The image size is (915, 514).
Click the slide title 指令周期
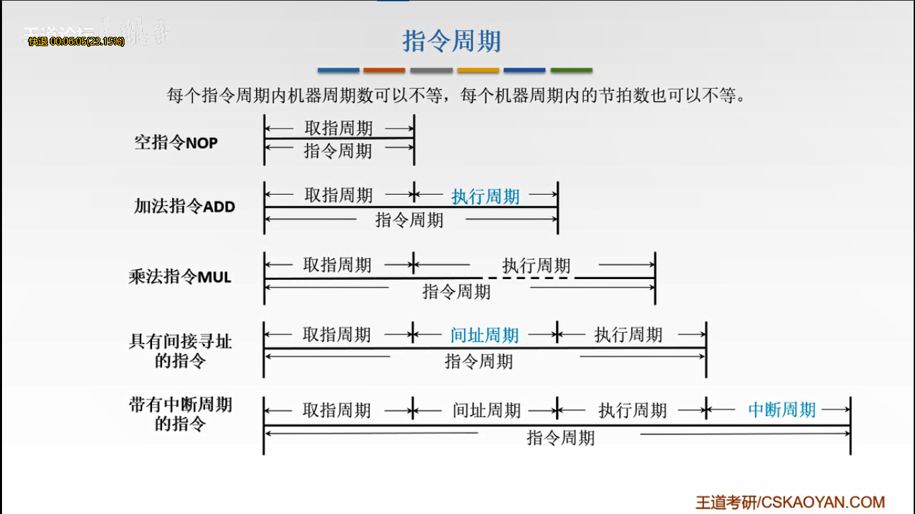point(451,41)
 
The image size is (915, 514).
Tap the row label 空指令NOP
point(176,143)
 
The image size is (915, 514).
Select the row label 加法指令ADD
point(185,206)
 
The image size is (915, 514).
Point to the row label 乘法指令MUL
point(180,276)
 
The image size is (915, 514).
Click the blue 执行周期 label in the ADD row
point(486,196)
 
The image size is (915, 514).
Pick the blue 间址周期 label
point(485,335)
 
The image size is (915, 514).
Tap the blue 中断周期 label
point(782,410)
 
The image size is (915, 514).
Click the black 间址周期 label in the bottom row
point(486,410)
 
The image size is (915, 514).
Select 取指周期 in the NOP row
point(338,128)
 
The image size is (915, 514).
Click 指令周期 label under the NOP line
point(338,151)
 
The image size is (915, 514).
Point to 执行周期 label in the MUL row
point(536,266)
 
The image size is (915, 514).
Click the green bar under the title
point(571,70)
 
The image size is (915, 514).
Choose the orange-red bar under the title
point(384,70)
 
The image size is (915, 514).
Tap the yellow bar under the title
point(478,70)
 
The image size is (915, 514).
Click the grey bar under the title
point(431,70)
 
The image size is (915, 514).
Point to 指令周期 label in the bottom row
point(560,438)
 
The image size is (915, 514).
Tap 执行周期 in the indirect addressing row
point(628,335)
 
